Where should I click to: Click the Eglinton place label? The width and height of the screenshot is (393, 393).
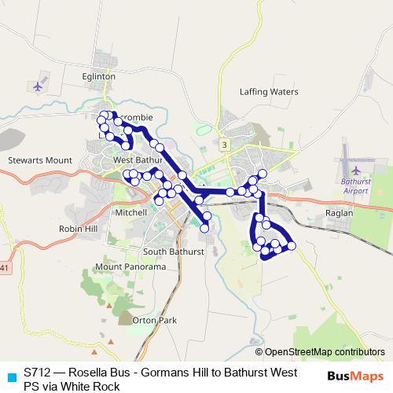coord(98,76)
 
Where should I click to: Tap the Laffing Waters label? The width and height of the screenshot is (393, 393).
coord(269,92)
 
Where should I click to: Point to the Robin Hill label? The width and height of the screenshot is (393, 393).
coord(77,228)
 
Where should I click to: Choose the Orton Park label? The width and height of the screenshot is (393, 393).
coord(154,320)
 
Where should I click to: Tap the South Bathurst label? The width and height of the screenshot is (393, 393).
coord(174,252)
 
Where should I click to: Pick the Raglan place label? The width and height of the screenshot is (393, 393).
coord(339,213)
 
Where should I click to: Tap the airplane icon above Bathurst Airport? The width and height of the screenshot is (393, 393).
coord(356,169)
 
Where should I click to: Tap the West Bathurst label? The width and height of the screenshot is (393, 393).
coord(136,160)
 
